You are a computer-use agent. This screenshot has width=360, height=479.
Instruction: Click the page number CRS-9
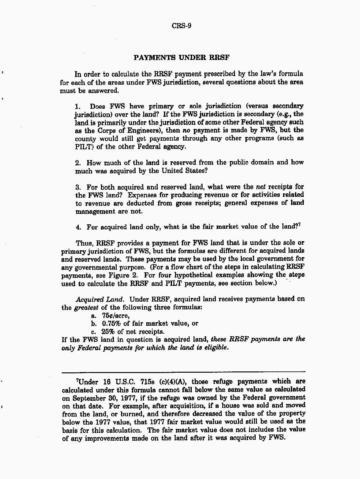pyautogui.click(x=181, y=26)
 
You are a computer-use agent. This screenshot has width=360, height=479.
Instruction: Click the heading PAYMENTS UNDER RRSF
pyautogui.click(x=182, y=57)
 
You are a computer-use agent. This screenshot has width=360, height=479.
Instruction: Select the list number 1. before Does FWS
pyautogui.click(x=78, y=107)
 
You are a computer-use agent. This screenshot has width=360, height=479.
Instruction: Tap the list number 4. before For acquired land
pyautogui.click(x=78, y=227)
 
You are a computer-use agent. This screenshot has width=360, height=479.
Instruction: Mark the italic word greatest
pyautogui.click(x=86, y=307)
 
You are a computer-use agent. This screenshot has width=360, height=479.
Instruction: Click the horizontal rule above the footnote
pyautogui.click(x=183, y=372)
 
